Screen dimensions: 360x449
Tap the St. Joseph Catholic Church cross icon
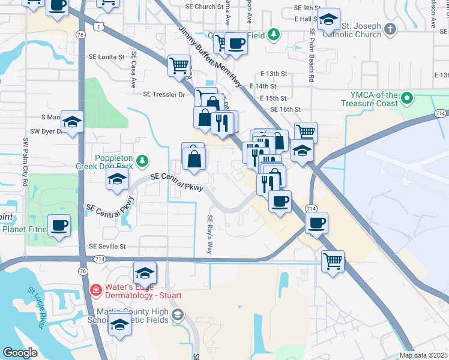click(390, 29)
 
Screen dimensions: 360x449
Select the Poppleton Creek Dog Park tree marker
click(142, 160)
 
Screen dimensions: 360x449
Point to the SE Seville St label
click(107, 246)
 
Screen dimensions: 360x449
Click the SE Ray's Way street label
click(210, 234)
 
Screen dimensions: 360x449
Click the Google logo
click(20, 353)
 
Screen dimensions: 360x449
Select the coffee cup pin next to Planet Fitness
click(59, 226)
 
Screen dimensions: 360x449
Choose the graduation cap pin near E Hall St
click(328, 19)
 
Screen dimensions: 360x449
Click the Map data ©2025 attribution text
click(423, 355)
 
